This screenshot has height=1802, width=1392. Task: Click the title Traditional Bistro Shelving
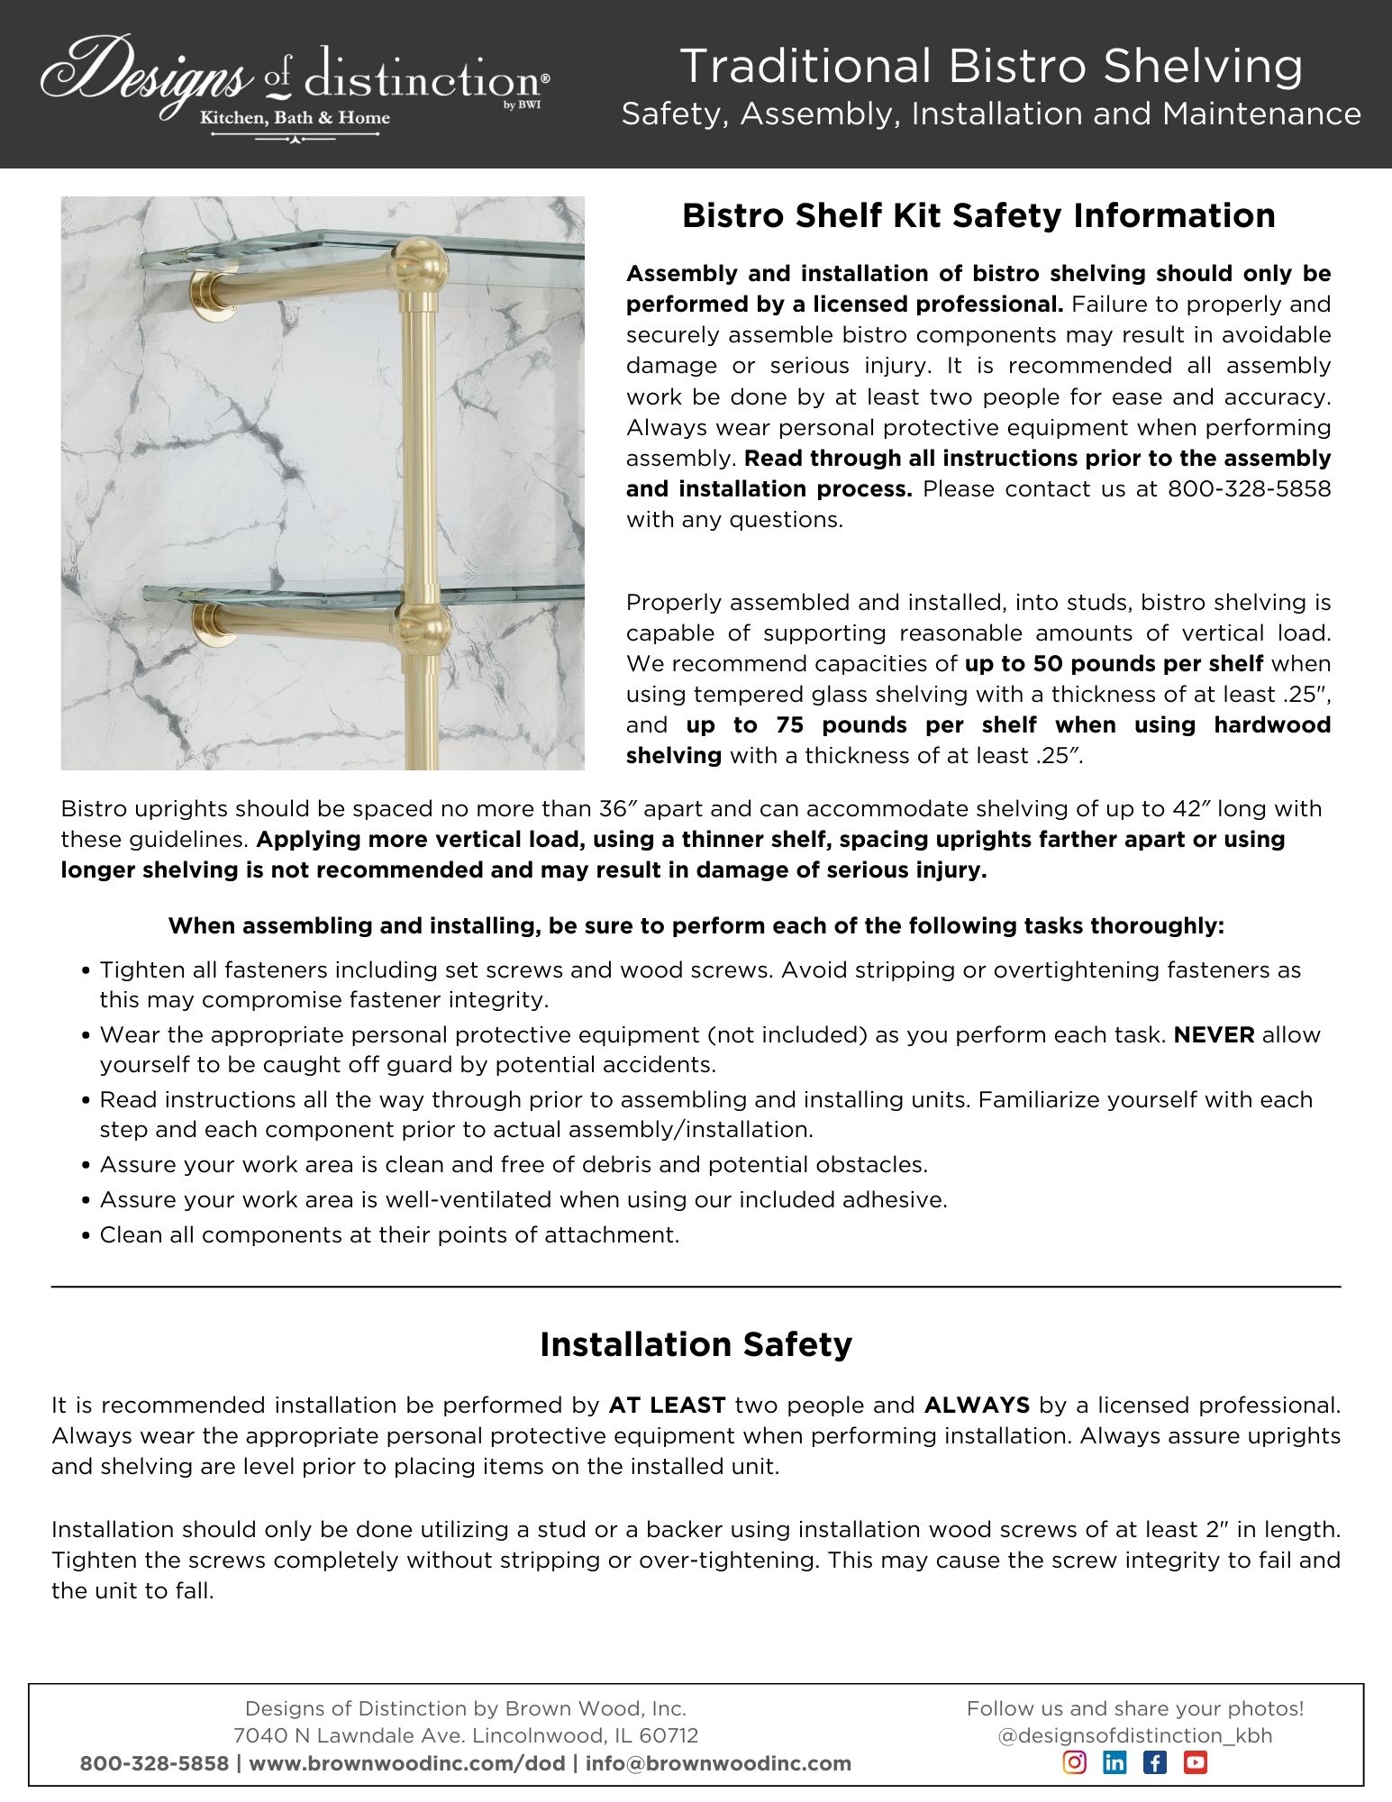point(991,67)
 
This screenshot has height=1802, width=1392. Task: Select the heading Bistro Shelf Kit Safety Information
point(978,215)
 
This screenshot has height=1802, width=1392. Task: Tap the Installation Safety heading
point(696,1343)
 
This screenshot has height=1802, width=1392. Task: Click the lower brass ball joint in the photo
point(418,623)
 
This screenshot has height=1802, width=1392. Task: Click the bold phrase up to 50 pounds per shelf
point(1114,664)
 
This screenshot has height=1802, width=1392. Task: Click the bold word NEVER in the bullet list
point(1214,1034)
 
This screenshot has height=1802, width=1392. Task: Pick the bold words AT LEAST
point(668,1405)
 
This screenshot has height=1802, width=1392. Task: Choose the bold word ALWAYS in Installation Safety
point(977,1405)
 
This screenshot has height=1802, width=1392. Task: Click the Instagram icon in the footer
point(1075,1762)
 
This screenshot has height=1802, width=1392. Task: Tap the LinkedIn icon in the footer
point(1115,1762)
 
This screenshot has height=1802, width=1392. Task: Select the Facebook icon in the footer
point(1154,1762)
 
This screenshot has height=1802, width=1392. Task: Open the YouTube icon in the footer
point(1195,1762)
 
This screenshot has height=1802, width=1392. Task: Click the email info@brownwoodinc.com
point(718,1763)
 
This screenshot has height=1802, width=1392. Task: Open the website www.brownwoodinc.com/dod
point(406,1763)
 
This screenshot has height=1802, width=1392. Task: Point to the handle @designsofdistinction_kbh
point(1135,1735)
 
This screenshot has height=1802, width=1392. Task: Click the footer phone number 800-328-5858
point(154,1763)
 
